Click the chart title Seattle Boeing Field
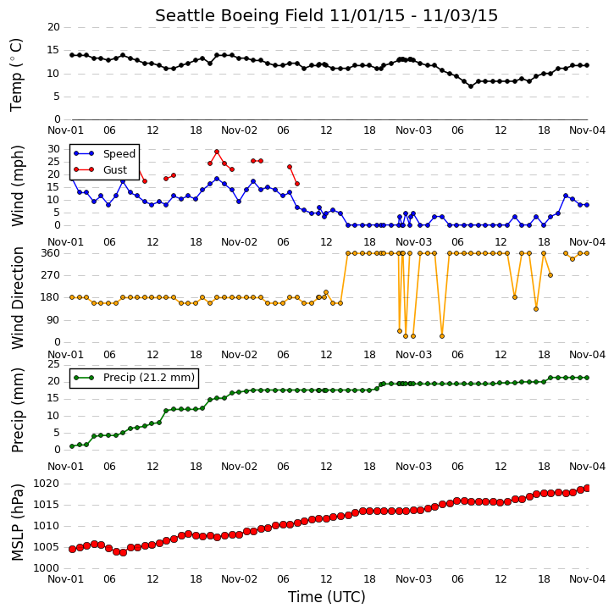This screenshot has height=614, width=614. coord(240,16)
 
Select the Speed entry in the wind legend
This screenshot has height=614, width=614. coord(119,154)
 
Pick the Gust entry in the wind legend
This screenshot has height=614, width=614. coord(115,169)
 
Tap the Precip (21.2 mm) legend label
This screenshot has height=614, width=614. coord(149,378)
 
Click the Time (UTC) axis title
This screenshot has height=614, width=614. coord(327,597)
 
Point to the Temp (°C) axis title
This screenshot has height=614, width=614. coord(16,75)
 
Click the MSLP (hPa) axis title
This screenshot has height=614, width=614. coord(17,523)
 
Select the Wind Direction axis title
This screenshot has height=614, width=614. coord(17,298)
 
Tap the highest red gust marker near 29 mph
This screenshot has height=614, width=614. coord(217,152)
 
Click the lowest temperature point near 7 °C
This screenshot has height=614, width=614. coord(471,86)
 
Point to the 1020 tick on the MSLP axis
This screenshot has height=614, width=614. coord(47,484)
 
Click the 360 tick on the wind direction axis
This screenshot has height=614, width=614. coord(51,253)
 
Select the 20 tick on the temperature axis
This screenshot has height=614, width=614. coord(53,27)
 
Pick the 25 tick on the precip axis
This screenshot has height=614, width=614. coord(53,364)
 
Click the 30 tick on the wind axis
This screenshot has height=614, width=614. coord(53,149)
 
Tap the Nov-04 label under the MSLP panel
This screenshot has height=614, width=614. coord(588,579)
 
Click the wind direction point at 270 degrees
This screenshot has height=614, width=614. coord(550,275)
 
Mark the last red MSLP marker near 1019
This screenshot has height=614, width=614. coord(587,488)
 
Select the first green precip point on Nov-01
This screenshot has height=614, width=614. coord(72,446)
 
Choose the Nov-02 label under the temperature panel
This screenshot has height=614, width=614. coord(240,130)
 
